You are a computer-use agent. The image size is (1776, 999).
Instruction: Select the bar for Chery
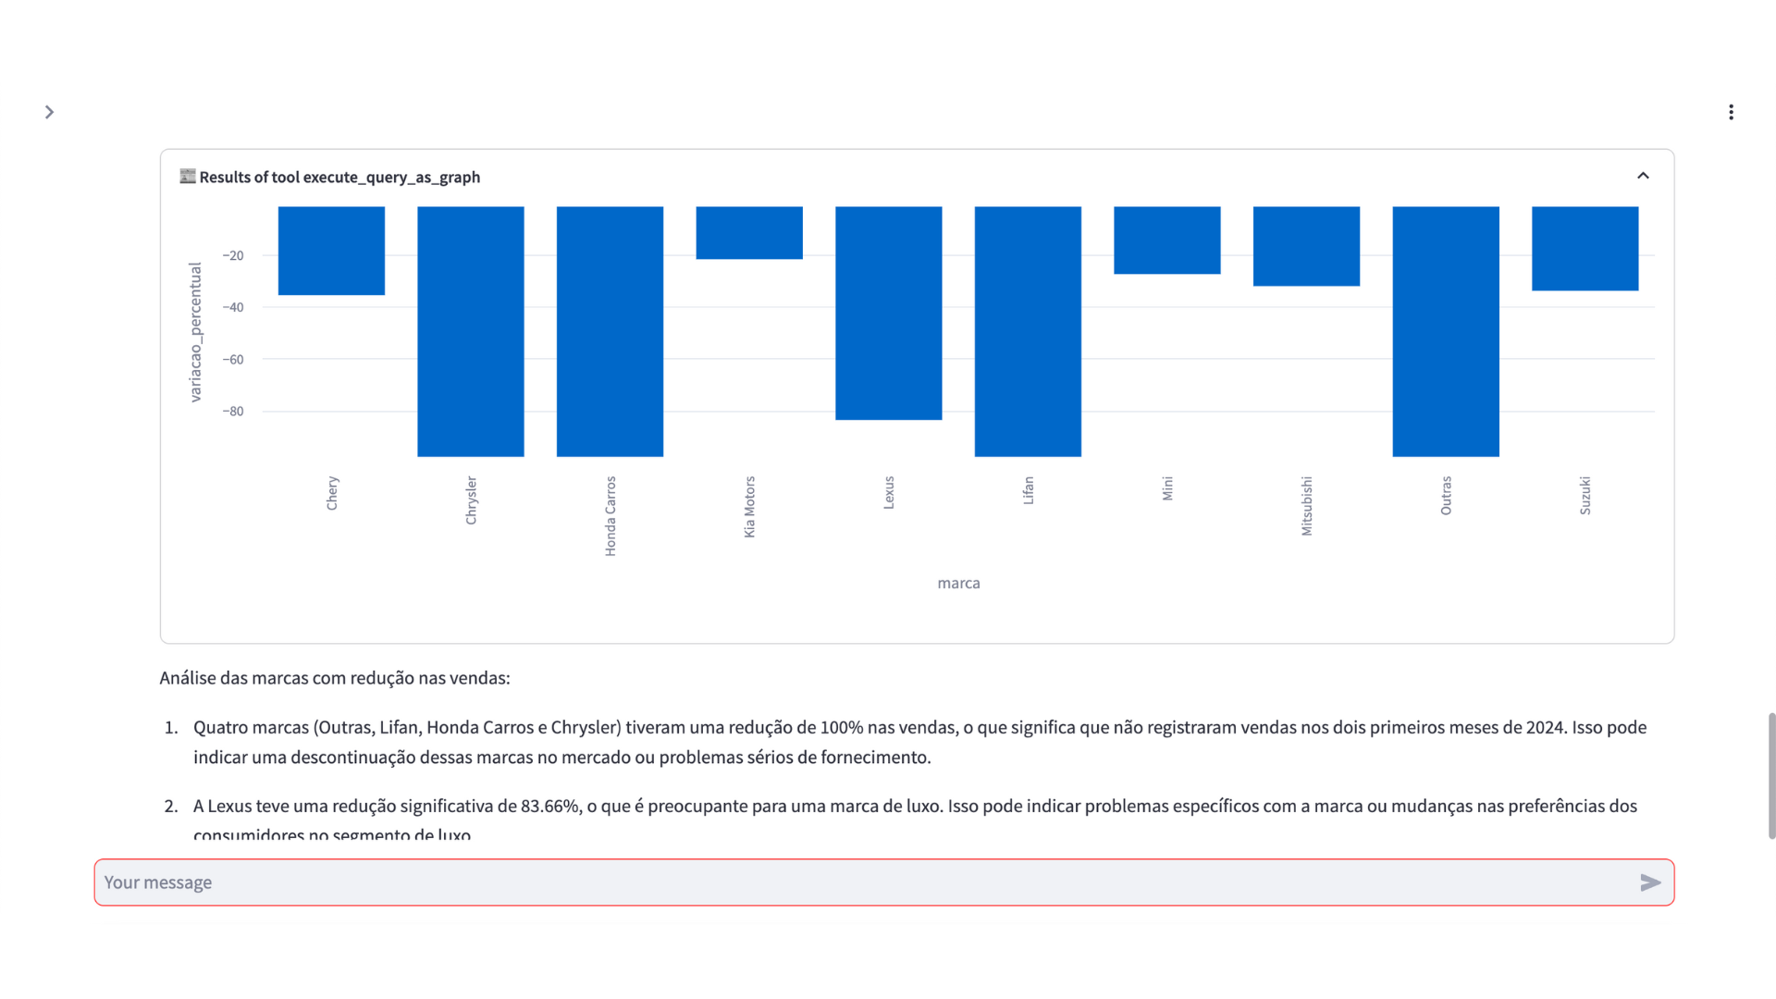331,251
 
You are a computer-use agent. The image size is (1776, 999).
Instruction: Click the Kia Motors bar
749,233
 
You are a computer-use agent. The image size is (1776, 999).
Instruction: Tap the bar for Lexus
888,313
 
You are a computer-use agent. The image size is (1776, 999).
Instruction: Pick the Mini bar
1166,240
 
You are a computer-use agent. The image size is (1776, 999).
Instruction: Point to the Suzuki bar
1585,249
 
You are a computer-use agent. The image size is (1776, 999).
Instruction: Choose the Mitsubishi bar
1306,246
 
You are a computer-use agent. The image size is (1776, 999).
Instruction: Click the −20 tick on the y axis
233,255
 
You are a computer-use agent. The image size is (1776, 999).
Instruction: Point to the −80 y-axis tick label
233,412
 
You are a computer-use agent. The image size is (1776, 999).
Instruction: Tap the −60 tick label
233,360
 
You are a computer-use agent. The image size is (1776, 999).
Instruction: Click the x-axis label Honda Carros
610,515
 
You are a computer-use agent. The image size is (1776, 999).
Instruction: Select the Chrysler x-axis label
471,500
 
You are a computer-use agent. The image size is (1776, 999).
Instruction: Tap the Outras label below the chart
1446,496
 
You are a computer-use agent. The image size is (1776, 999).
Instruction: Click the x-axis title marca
958,584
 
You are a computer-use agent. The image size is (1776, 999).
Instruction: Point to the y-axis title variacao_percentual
195,332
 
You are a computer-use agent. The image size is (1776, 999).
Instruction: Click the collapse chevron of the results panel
1643,176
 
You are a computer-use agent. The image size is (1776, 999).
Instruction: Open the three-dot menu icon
1731,112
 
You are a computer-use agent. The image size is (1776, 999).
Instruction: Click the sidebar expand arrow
50,112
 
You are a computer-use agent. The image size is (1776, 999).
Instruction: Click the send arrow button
1650,882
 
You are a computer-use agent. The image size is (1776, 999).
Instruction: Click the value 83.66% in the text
549,807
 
